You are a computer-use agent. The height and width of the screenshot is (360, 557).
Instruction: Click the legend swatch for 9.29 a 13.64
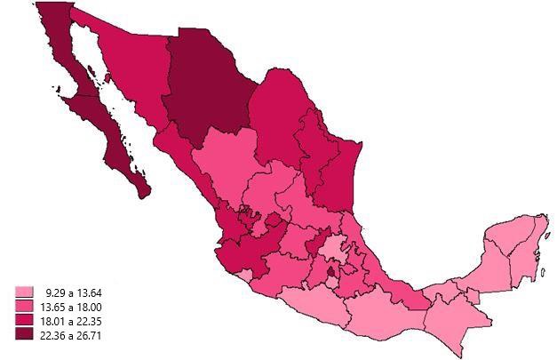23,292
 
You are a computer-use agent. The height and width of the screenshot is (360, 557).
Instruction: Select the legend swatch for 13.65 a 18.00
23,306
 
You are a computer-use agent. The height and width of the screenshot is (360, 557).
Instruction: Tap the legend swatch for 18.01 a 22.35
23,319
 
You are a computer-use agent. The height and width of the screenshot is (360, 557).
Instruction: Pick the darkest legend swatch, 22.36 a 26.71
23,333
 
